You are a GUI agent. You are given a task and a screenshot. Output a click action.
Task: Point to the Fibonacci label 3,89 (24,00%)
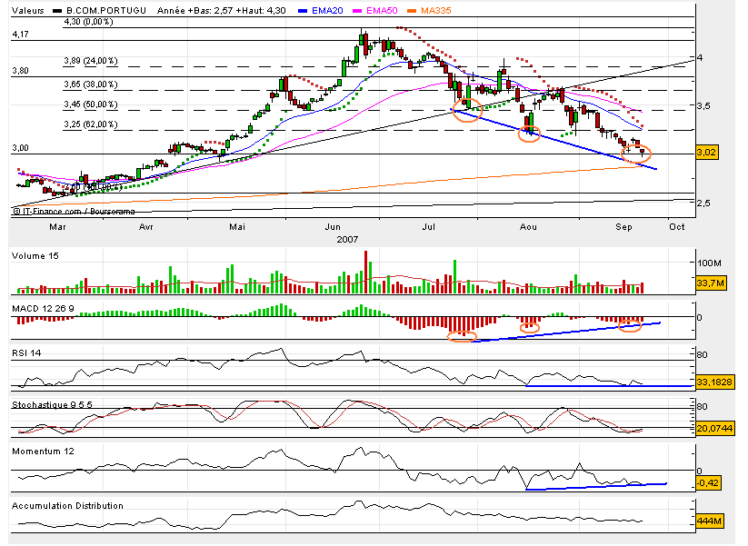[x=90, y=61]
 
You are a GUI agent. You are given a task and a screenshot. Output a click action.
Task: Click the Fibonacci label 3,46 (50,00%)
[x=90, y=104]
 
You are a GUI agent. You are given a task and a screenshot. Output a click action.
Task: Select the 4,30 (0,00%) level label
[x=87, y=21]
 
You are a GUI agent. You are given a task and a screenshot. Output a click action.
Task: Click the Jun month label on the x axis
[x=332, y=225]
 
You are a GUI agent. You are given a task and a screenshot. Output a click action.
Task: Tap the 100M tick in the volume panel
[x=707, y=263]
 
